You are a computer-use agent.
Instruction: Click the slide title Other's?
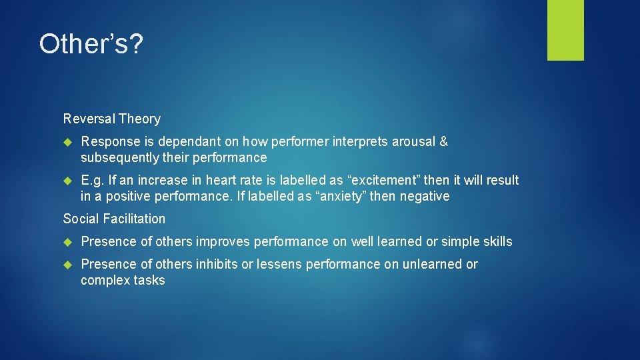(91, 45)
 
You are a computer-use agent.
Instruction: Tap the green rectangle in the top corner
(565, 30)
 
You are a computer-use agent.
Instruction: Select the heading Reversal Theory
(112, 119)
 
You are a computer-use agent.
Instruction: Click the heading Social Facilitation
(114, 219)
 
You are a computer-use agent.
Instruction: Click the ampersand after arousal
(443, 141)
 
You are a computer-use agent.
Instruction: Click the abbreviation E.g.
(93, 180)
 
